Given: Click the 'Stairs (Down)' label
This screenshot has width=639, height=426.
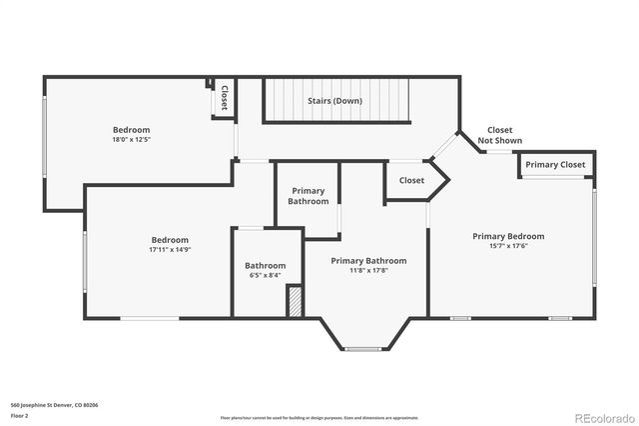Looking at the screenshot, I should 335,101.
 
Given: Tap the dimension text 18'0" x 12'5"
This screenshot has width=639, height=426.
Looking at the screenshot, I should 131,141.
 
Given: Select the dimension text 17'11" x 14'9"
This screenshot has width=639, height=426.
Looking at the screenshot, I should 170,250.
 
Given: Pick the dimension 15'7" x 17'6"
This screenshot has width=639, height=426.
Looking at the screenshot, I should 508,246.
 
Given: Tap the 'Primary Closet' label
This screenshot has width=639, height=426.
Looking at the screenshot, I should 555,165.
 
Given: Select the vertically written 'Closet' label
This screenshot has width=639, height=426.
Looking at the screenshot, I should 225,98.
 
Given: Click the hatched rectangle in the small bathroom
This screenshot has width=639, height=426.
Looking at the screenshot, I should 295,302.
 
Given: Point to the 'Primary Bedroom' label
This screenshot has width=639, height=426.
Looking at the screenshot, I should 508,236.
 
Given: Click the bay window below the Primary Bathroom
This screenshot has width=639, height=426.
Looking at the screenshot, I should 361,349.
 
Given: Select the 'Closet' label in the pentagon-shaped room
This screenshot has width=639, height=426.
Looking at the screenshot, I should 411,181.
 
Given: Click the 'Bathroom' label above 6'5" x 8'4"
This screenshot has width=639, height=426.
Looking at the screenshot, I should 265,265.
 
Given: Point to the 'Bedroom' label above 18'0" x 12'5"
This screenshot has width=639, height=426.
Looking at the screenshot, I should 131,130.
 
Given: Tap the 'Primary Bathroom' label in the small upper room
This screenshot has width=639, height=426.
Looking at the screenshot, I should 309,196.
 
